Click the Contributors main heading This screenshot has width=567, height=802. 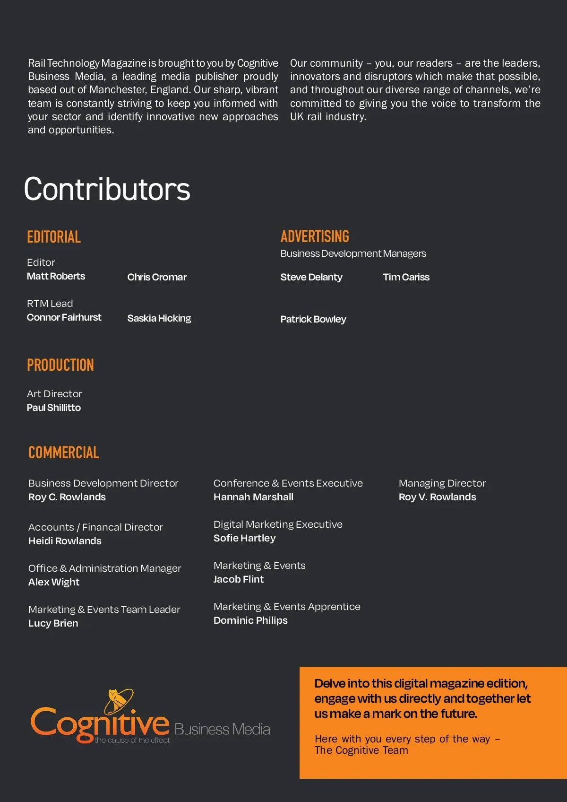(x=107, y=189)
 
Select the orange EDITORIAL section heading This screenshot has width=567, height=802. (x=54, y=237)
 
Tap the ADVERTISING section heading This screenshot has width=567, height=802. (x=315, y=236)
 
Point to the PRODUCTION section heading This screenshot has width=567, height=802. (x=60, y=365)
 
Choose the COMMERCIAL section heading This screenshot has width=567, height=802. (x=64, y=453)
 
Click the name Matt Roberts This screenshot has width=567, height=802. (x=56, y=276)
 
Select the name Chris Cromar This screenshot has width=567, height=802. (x=157, y=277)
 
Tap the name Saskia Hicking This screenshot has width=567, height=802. (x=159, y=318)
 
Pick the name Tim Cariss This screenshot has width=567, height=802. (x=406, y=277)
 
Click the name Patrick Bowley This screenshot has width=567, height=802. (x=313, y=319)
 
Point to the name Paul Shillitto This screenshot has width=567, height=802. (x=54, y=408)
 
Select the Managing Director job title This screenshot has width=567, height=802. (x=442, y=483)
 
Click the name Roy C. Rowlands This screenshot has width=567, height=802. (x=67, y=497)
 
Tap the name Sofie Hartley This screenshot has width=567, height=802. (x=244, y=538)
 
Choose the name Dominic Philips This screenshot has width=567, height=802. (x=250, y=620)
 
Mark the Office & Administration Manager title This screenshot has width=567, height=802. (x=104, y=568)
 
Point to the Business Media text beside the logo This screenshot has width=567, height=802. (x=222, y=729)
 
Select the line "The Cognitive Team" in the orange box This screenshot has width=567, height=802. (x=361, y=750)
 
